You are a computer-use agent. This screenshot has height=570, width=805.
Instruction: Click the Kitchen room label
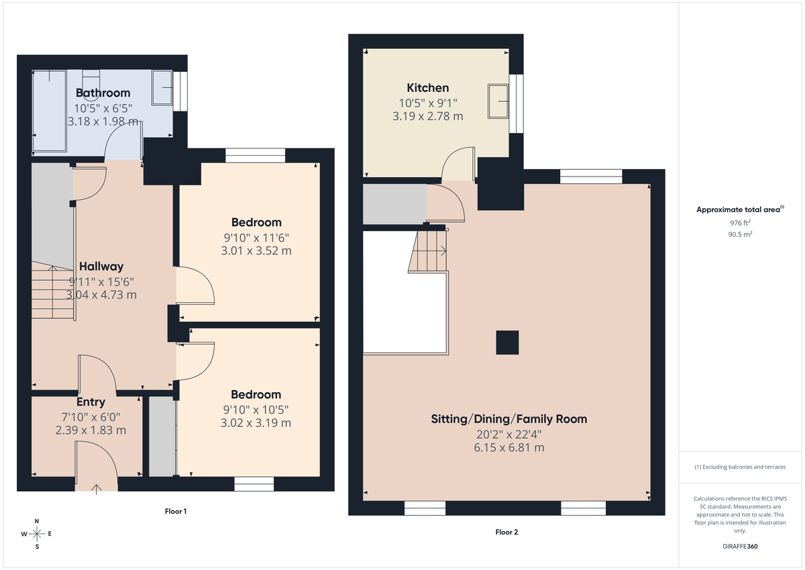pos(428,88)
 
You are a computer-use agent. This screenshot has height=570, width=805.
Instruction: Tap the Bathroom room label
pos(103,93)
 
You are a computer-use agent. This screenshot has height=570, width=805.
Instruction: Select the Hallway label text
pos(101,267)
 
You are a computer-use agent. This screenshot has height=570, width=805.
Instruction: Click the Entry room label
pos(91,401)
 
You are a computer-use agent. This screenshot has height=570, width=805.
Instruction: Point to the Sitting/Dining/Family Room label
pos(509,419)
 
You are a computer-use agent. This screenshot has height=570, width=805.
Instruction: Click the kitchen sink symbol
pos(498,101)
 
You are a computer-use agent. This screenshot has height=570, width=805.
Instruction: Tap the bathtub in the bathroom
pos(49,111)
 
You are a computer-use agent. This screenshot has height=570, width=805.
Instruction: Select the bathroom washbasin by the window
pos(162,88)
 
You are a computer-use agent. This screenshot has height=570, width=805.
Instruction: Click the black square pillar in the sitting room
pos(507,342)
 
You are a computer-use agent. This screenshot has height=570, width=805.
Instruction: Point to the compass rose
pos(37,534)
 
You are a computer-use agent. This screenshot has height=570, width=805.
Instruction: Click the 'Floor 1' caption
pos(175,511)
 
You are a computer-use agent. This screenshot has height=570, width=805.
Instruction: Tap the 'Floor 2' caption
pos(506,532)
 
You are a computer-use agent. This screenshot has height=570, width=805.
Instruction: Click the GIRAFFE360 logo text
pos(740,547)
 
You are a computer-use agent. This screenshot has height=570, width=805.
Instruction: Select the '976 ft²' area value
pos(740,223)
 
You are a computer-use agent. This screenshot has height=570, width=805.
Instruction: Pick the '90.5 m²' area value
pos(740,234)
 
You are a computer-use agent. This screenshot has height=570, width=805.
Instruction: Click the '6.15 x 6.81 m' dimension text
pos(509,448)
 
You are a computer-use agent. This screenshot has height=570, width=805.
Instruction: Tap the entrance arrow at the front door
pos(97,489)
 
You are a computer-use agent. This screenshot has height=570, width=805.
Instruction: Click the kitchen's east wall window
pos(517,103)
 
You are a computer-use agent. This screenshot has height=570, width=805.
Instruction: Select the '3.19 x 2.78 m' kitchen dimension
pos(428,116)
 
